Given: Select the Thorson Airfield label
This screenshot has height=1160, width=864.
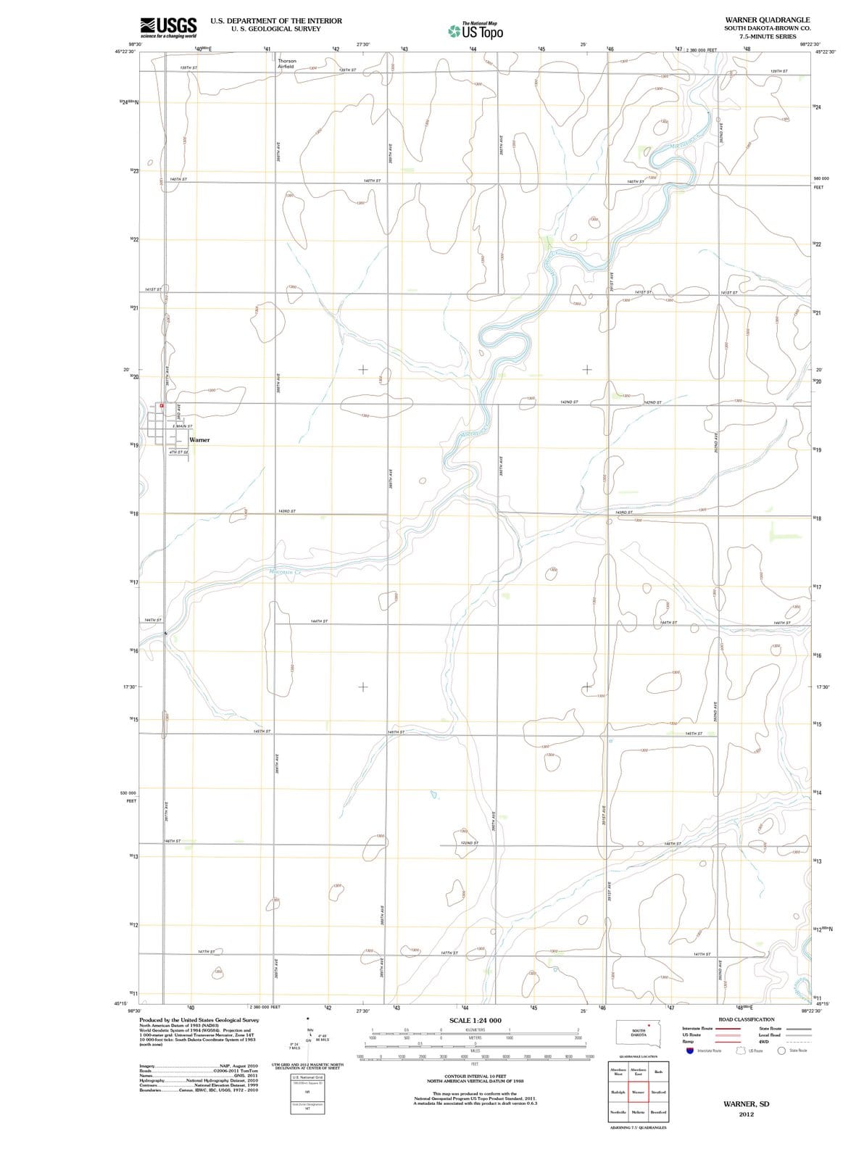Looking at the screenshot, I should [x=286, y=63].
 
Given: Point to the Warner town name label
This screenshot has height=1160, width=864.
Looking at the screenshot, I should [x=199, y=440].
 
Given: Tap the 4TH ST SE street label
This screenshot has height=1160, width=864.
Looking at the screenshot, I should [x=178, y=452].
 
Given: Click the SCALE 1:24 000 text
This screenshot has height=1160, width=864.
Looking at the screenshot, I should [x=475, y=1021].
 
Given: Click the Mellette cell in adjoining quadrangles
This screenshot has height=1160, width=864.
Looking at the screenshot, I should [x=639, y=1111].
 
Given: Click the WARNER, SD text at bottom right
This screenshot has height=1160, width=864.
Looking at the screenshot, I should [x=746, y=1103].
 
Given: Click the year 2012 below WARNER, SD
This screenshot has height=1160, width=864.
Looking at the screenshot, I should [x=746, y=1114].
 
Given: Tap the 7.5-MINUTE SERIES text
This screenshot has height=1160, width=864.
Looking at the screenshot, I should [x=768, y=36].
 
